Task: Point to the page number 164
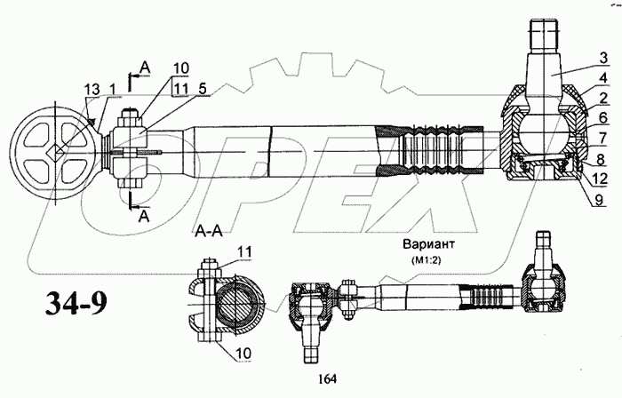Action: tap(325, 380)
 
